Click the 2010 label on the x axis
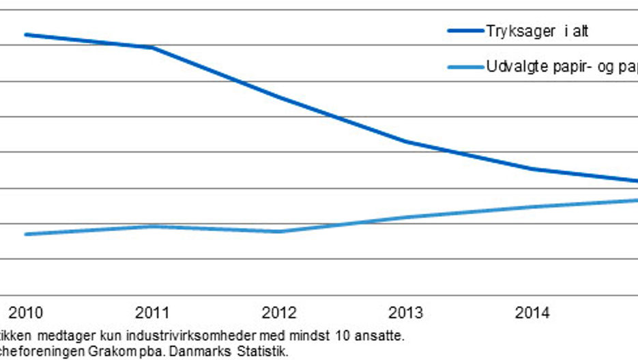coord(25,313)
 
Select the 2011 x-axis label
coord(152,313)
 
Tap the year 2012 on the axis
coord(279,313)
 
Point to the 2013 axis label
coord(406,313)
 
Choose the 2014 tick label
coord(533,313)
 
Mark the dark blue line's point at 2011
coord(152,47)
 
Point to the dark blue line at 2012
coord(279,97)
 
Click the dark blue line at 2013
coord(406,142)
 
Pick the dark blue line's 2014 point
coord(533,169)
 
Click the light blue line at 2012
coord(279,231)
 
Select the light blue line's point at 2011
coord(152,226)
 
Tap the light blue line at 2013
coord(406,217)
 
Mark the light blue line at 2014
coord(533,207)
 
